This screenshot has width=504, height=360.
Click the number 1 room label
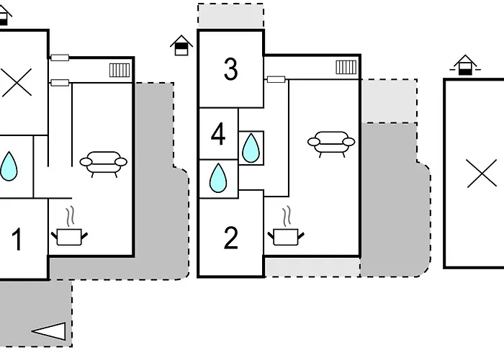click(17, 240)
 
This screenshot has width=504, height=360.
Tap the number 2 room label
click(231, 238)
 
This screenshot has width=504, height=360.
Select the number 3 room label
click(231, 69)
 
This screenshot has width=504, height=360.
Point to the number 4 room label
click(218, 134)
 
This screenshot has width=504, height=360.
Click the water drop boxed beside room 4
click(251, 148)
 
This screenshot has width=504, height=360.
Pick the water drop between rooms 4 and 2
click(218, 178)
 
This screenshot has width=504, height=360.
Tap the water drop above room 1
click(9, 166)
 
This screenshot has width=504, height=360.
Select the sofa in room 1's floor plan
click(103, 164)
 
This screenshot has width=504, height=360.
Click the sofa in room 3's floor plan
click(331, 144)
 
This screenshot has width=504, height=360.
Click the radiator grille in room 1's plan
click(120, 70)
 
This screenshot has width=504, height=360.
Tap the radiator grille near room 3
click(346, 67)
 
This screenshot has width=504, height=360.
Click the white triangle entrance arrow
click(49, 331)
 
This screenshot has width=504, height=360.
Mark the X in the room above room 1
click(17, 82)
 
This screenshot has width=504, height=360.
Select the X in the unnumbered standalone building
click(482, 174)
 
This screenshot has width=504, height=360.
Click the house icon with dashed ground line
click(465, 65)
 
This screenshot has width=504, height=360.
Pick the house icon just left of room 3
click(181, 45)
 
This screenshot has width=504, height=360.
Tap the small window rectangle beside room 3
click(276, 79)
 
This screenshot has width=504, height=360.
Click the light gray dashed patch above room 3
click(231, 16)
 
